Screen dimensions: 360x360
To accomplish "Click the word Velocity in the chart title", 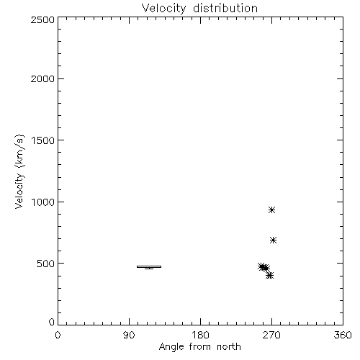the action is (163, 9).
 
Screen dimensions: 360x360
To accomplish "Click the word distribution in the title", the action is (225, 8).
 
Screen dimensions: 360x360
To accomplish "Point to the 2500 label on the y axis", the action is (42, 19).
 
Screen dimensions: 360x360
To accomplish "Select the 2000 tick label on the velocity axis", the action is (42, 78).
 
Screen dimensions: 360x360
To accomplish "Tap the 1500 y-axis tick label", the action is (43, 140).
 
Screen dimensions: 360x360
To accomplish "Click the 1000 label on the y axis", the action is (43, 202).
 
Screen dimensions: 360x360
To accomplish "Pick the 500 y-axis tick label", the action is (46, 264).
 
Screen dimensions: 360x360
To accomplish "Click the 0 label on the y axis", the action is (52, 322).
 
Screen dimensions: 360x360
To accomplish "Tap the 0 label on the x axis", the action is (58, 335).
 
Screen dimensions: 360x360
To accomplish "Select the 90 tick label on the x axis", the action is (129, 335).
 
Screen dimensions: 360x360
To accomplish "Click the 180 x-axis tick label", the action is (200, 335).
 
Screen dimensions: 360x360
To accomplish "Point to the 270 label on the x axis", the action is (271, 335).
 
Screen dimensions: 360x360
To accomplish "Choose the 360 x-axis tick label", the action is (343, 335).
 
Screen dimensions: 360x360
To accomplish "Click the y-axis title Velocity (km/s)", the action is (19, 171).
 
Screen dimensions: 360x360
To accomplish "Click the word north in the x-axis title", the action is (229, 347).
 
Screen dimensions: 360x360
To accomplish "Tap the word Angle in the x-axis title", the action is (171, 347).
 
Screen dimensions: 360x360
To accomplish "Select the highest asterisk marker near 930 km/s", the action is (271, 210).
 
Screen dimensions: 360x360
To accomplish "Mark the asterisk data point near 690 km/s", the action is (273, 240).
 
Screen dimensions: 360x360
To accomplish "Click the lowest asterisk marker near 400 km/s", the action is (270, 275).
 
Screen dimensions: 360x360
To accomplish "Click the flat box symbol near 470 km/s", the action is (149, 266).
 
